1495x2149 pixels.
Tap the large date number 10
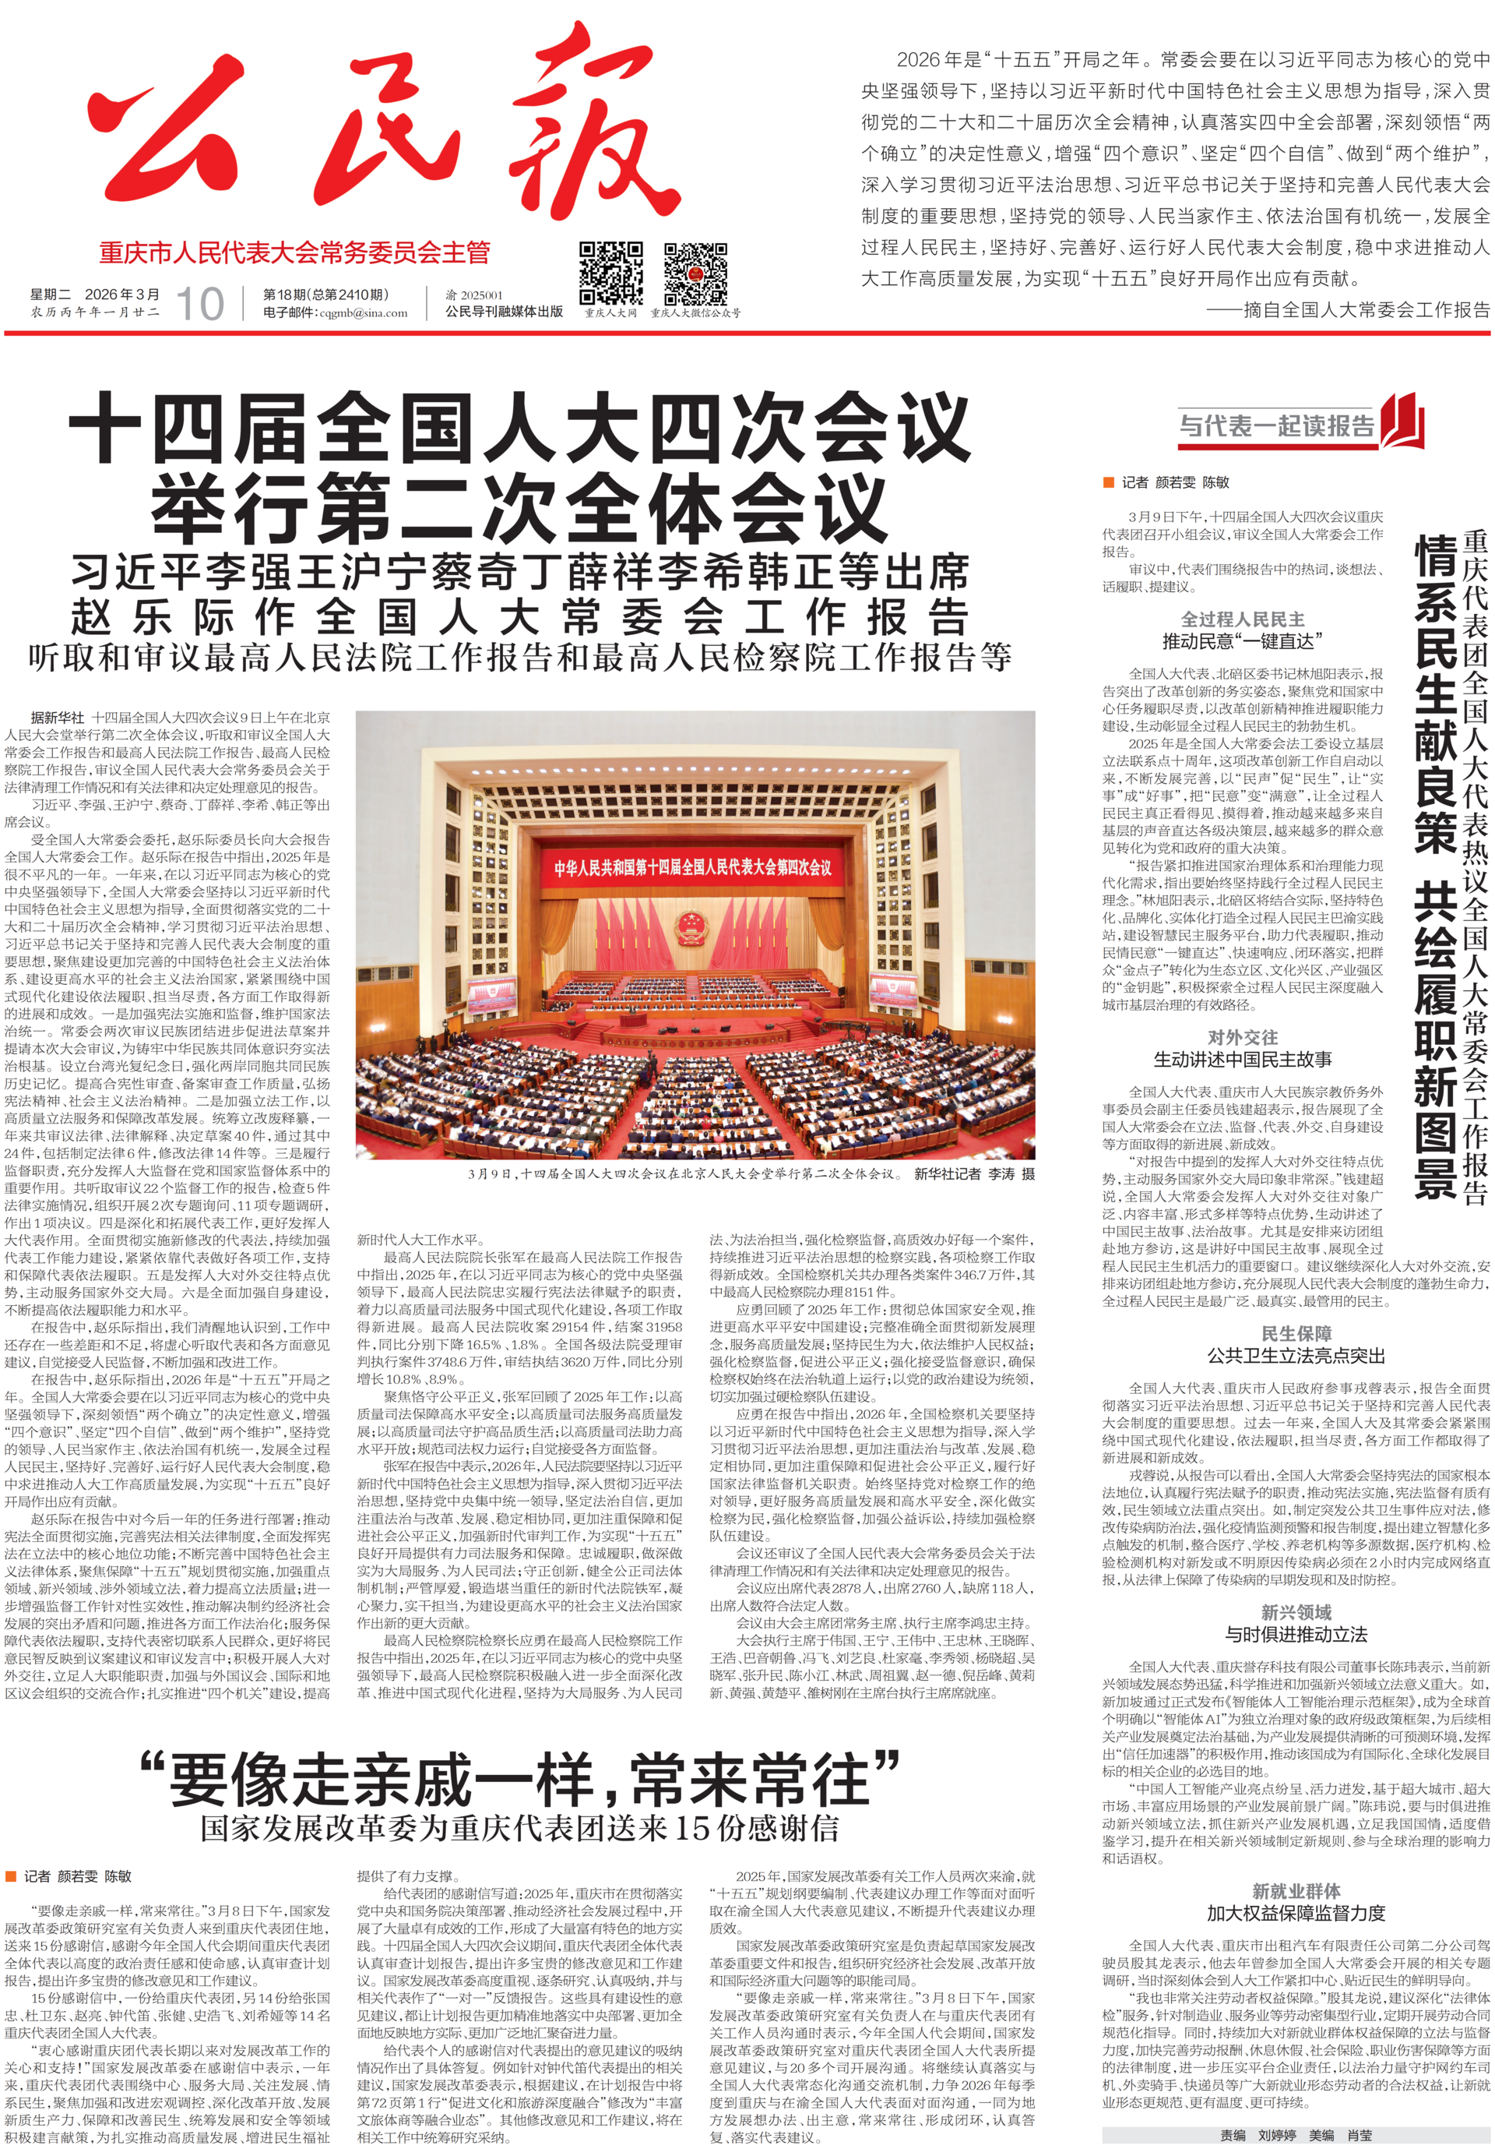(199, 303)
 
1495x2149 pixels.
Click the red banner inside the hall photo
(692, 866)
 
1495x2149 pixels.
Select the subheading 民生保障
(1296, 1334)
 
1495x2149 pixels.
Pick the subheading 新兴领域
(1296, 1611)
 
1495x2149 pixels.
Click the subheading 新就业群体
(1296, 1890)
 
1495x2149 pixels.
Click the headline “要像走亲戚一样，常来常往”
(519, 1780)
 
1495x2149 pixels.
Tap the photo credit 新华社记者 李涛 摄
(974, 1173)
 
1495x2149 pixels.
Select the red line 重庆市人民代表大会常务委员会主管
(294, 252)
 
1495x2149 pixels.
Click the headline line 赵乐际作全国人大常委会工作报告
(519, 618)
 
